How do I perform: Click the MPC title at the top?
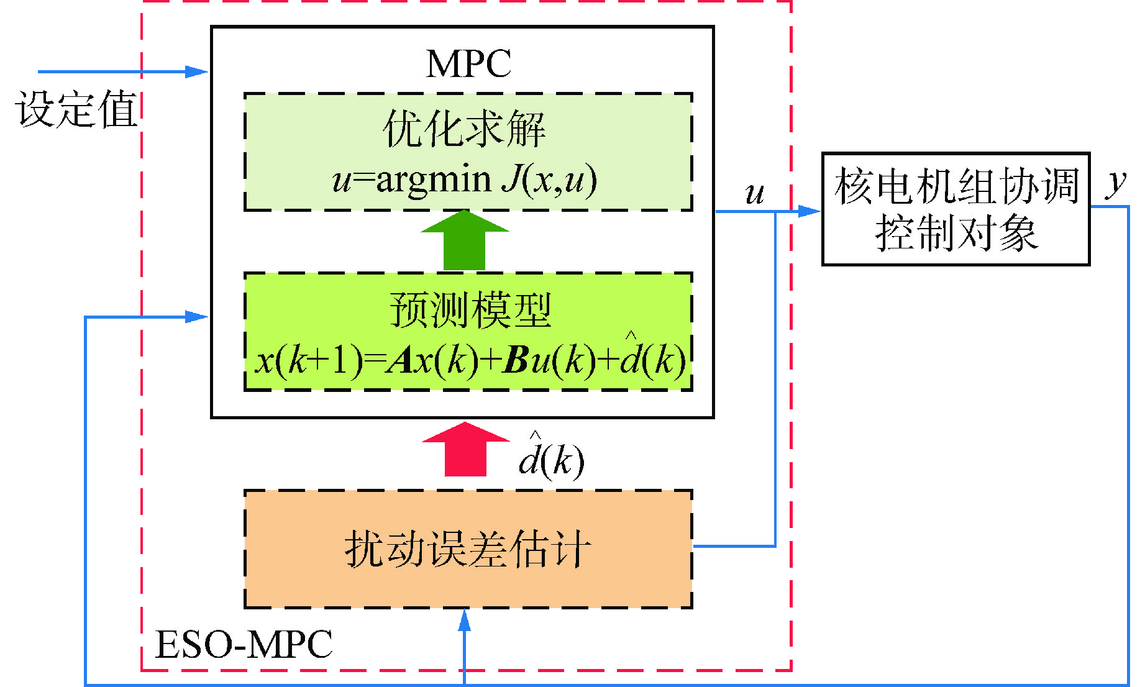click(x=468, y=63)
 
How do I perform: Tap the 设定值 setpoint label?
click(x=76, y=109)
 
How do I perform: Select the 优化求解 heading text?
click(x=465, y=129)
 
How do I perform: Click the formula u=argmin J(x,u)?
click(x=465, y=180)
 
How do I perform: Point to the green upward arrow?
click(x=465, y=241)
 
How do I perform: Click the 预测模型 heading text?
click(x=470, y=310)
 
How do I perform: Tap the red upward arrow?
click(x=465, y=448)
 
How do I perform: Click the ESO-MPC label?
click(x=244, y=644)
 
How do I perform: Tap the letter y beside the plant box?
click(x=1116, y=183)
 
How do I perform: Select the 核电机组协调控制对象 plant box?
click(x=956, y=209)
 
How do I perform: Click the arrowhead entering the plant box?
click(x=809, y=212)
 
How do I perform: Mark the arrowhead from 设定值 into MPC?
click(x=198, y=72)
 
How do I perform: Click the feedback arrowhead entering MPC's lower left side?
click(x=198, y=317)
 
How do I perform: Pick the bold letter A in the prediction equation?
click(x=401, y=360)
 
